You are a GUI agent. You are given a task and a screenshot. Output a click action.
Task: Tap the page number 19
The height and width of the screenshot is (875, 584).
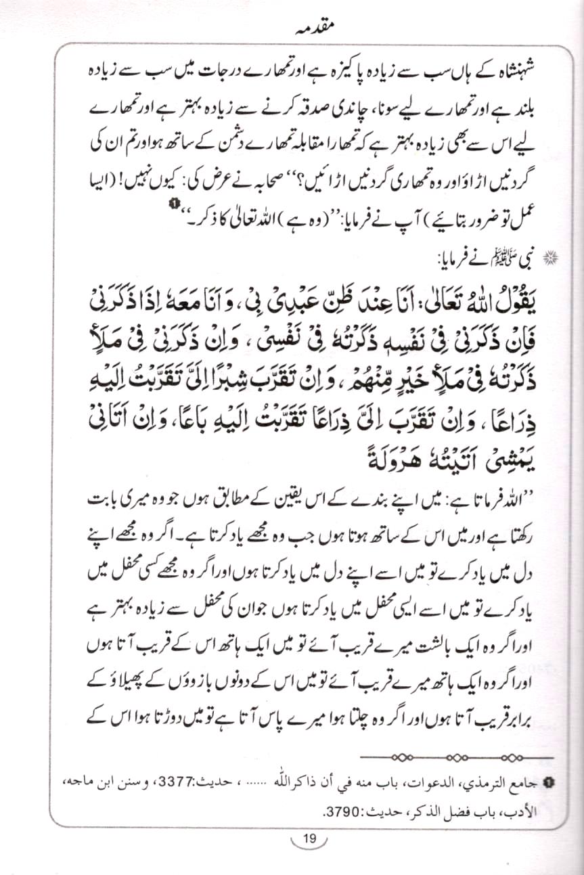pyautogui.click(x=309, y=839)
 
